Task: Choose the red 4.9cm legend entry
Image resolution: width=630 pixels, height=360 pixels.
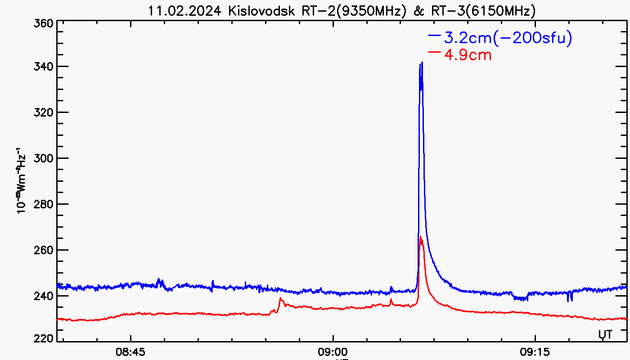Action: pyautogui.click(x=467, y=54)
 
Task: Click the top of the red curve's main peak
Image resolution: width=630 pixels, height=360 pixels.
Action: pyautogui.click(x=420, y=237)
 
